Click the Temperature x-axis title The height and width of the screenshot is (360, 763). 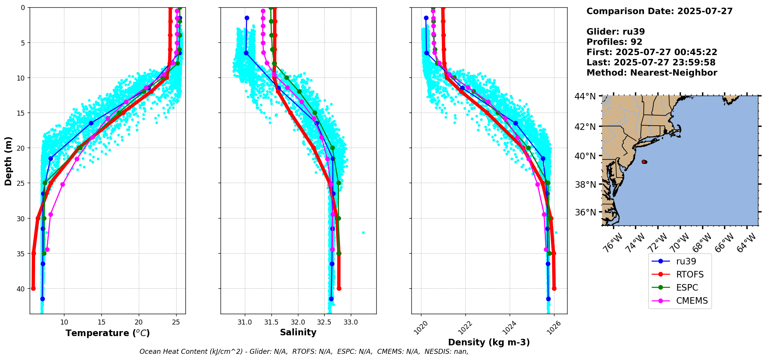pyautogui.click(x=108, y=333)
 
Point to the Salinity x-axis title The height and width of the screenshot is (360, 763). pyautogui.click(x=298, y=333)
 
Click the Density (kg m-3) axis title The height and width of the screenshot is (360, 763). pyautogui.click(x=489, y=342)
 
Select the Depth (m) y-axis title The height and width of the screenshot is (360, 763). pyautogui.click(x=8, y=161)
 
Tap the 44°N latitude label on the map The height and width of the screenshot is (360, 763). pyautogui.click(x=585, y=96)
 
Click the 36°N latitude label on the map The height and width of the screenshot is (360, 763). pyautogui.click(x=585, y=212)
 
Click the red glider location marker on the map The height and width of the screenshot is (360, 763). pyautogui.click(x=644, y=162)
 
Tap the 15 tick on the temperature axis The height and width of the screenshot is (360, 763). pyautogui.click(x=101, y=322)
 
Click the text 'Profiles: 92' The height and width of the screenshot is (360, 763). pyautogui.click(x=614, y=42)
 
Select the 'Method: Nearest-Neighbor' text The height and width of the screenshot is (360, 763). pyautogui.click(x=652, y=73)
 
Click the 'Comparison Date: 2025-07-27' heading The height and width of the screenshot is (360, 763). pyautogui.click(x=659, y=11)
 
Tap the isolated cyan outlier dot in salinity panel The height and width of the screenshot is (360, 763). pyautogui.click(x=363, y=232)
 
